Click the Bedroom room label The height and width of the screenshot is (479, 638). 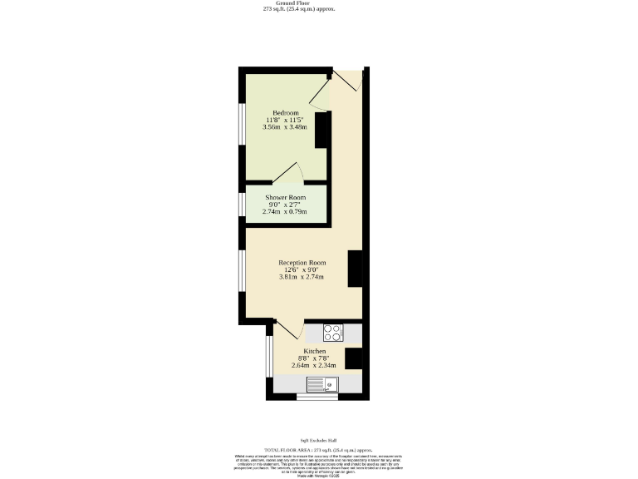click(285, 113)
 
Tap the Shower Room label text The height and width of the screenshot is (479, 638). click(285, 197)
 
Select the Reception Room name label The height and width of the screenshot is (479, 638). click(302, 263)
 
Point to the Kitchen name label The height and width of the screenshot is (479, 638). click(314, 352)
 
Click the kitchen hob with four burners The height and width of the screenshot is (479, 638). click(332, 333)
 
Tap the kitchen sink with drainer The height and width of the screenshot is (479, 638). click(321, 384)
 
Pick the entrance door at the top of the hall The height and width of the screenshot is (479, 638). click(347, 80)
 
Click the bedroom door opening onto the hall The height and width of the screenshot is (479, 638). click(321, 96)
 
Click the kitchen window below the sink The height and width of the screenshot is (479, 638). click(318, 398)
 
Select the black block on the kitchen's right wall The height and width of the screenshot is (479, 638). click(353, 358)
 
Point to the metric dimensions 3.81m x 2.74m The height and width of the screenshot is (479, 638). click(302, 277)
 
